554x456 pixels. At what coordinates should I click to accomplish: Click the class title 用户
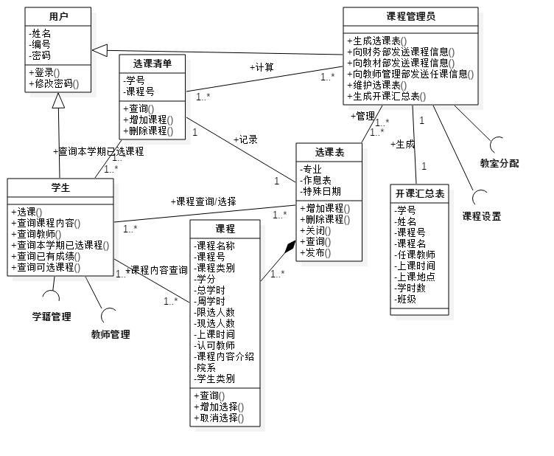tap(58, 16)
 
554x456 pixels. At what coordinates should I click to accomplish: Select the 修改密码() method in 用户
tap(55, 84)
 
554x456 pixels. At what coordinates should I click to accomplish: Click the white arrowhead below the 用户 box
tap(58, 101)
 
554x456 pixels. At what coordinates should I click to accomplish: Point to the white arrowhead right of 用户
tap(100, 50)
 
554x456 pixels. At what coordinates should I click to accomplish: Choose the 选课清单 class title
tap(152, 63)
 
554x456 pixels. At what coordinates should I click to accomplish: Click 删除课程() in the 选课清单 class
tap(148, 131)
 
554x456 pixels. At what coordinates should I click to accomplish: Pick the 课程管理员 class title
tap(410, 16)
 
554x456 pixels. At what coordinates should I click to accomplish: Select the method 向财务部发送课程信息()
tap(400, 52)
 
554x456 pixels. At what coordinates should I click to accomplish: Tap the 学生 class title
tap(60, 187)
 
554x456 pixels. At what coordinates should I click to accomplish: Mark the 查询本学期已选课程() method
tap(63, 245)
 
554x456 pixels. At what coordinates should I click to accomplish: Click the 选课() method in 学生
tap(29, 212)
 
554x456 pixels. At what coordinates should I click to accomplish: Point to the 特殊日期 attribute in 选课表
tap(321, 192)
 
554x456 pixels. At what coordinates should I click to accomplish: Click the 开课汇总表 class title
tap(420, 193)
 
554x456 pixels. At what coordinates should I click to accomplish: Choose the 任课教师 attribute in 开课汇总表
tap(413, 255)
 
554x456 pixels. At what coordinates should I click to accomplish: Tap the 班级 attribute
tap(406, 299)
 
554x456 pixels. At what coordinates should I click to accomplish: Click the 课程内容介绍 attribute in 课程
tap(225, 356)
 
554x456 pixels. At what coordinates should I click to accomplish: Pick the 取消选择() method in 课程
tap(217, 418)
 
